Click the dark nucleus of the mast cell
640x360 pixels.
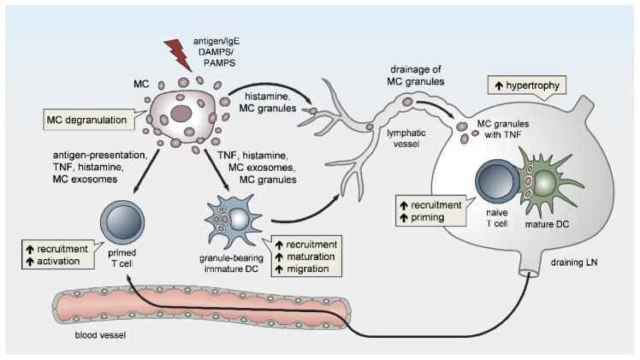(181, 113)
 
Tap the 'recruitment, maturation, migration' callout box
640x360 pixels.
(305, 248)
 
